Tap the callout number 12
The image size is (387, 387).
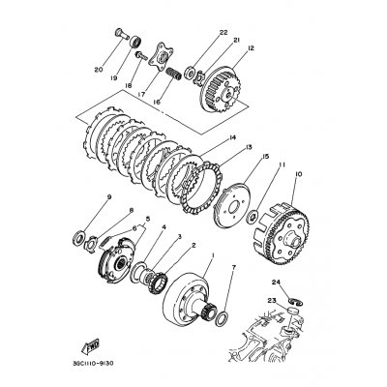251,48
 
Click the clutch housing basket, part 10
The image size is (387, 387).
293,211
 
